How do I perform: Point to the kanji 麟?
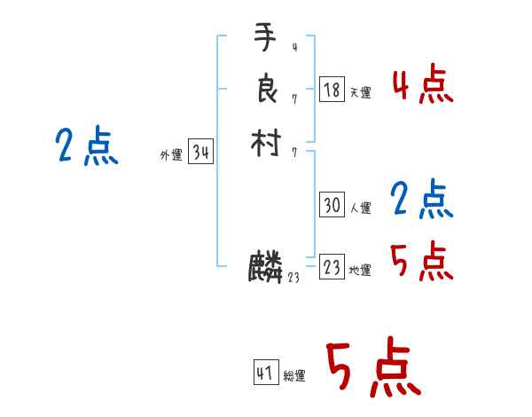(x=265, y=267)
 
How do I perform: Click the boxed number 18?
(x=332, y=90)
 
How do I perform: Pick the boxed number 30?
(x=332, y=206)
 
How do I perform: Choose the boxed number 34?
(x=200, y=153)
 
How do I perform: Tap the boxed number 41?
(x=265, y=374)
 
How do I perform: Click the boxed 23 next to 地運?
(x=332, y=267)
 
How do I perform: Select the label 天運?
(x=360, y=92)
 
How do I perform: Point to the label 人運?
(x=360, y=208)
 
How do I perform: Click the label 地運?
(x=360, y=270)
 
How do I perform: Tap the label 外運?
(x=170, y=155)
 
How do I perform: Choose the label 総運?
(x=294, y=376)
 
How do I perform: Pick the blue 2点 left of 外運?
(x=87, y=146)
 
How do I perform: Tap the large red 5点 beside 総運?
(x=372, y=369)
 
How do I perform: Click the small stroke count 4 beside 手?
(x=294, y=48)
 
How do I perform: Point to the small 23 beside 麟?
(x=293, y=277)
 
